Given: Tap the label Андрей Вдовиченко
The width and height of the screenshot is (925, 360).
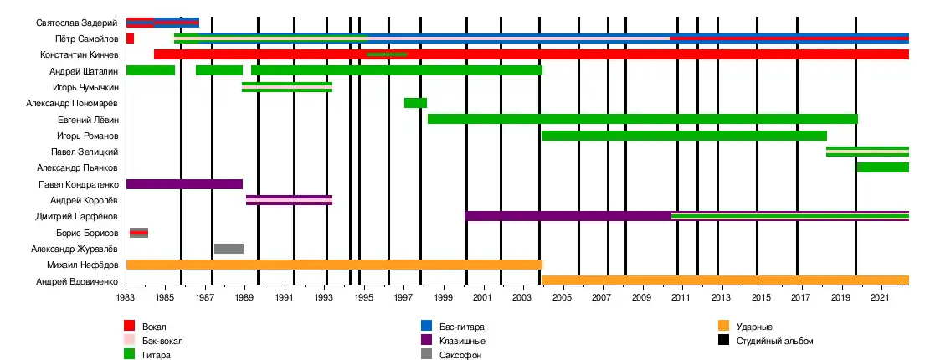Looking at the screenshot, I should tap(76, 280).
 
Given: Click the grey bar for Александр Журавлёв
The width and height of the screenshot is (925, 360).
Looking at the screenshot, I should tap(229, 249).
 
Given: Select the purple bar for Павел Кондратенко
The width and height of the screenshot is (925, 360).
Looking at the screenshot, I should tap(184, 184).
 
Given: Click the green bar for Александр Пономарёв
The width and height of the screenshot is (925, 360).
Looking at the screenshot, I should tap(415, 103).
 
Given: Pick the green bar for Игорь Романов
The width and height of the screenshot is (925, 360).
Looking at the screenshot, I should tap(684, 136).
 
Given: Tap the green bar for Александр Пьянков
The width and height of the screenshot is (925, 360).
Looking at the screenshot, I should tap(882, 167).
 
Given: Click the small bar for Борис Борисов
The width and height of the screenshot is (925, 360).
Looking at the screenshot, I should tap(139, 233).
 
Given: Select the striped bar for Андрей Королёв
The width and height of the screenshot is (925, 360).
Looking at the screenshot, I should tap(289, 200).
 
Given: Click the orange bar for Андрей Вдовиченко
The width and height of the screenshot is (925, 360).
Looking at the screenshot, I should tap(725, 280).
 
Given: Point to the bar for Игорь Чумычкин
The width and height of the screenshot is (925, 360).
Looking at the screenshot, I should tap(287, 87).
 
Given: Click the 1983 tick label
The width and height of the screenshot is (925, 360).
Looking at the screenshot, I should tap(126, 297).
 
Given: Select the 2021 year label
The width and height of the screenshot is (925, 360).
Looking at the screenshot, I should tap(879, 297).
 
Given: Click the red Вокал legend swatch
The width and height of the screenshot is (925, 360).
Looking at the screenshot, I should tap(129, 327).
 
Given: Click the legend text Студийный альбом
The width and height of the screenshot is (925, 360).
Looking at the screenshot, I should tap(773, 341).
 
